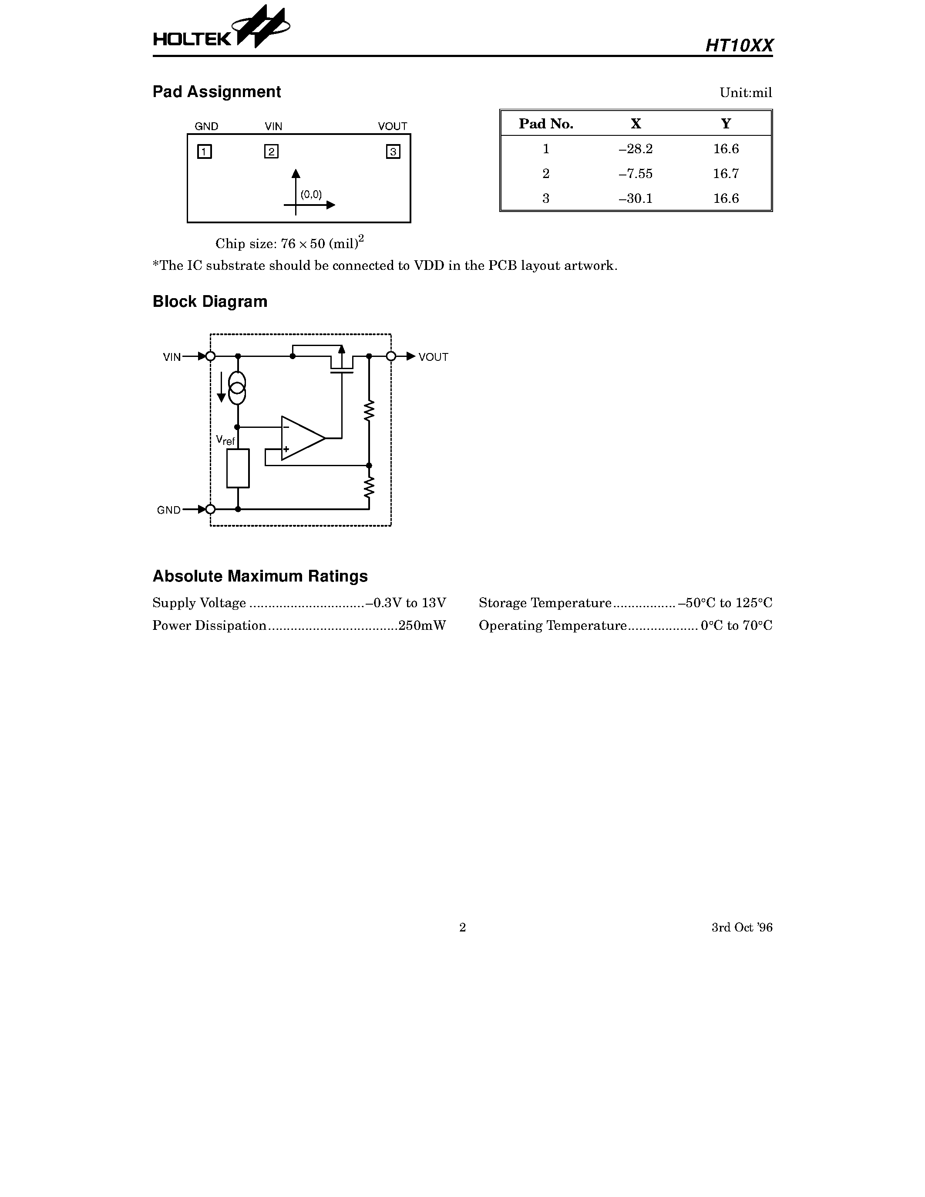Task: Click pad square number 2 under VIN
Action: pyautogui.click(x=271, y=151)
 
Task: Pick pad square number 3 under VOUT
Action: pyautogui.click(x=393, y=151)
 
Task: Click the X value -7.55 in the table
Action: pyautogui.click(x=635, y=174)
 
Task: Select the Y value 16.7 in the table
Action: pyautogui.click(x=726, y=174)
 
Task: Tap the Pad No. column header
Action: pyautogui.click(x=546, y=124)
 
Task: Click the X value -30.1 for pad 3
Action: pyautogui.click(x=635, y=198)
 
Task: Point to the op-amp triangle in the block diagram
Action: pyautogui.click(x=301, y=438)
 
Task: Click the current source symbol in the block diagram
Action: pyautogui.click(x=237, y=388)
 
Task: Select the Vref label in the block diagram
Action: pyautogui.click(x=225, y=440)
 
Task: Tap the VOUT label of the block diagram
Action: pyautogui.click(x=433, y=357)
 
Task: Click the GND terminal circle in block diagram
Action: pyautogui.click(x=210, y=509)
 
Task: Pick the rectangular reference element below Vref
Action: pyautogui.click(x=238, y=468)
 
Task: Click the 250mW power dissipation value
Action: pyautogui.click(x=422, y=625)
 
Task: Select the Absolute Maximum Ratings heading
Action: pyautogui.click(x=260, y=576)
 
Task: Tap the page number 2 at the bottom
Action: pyautogui.click(x=462, y=927)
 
